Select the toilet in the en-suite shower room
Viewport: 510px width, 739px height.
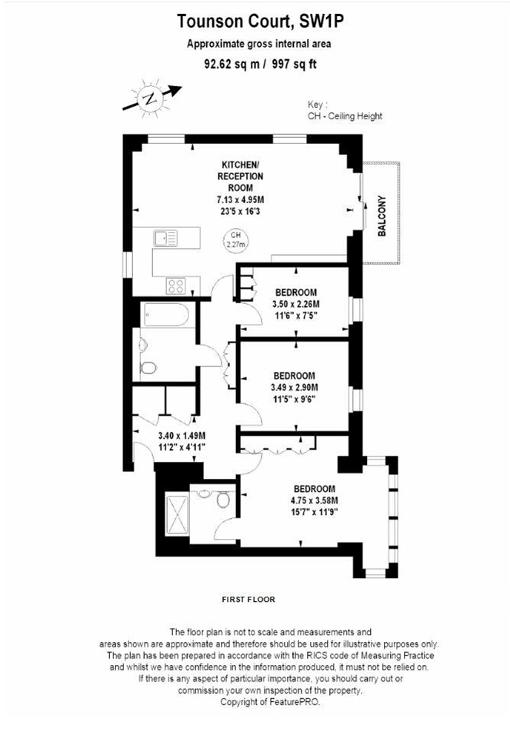[222, 501]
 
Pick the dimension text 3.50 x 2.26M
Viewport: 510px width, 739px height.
[296, 304]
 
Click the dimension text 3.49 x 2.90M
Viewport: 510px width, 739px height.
[295, 387]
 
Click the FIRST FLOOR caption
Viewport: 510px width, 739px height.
[248, 598]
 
